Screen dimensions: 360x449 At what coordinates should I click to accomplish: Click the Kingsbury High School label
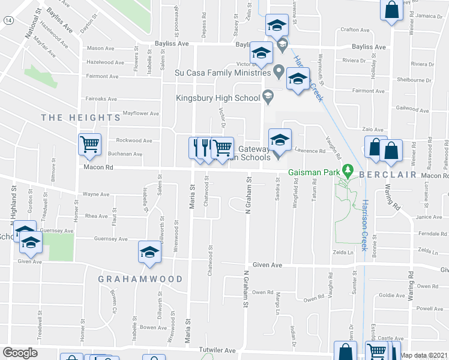coord(217,98)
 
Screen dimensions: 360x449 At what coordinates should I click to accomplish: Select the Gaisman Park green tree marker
coord(346,172)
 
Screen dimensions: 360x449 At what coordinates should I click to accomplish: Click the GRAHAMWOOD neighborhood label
coord(141,279)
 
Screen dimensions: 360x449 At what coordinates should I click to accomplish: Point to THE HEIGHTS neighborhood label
coord(81,118)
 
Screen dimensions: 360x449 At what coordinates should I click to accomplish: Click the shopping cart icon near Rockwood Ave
coord(90,144)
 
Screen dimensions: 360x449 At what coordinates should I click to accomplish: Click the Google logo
coord(20,352)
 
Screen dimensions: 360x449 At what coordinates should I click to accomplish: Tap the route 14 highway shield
coord(7,20)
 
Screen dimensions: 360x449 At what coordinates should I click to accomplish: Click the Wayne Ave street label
coord(96,194)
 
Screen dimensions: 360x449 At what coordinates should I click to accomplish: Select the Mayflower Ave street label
coord(140,113)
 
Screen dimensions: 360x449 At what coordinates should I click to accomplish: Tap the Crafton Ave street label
coord(354,29)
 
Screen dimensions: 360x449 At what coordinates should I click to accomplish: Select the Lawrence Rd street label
coord(310,151)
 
